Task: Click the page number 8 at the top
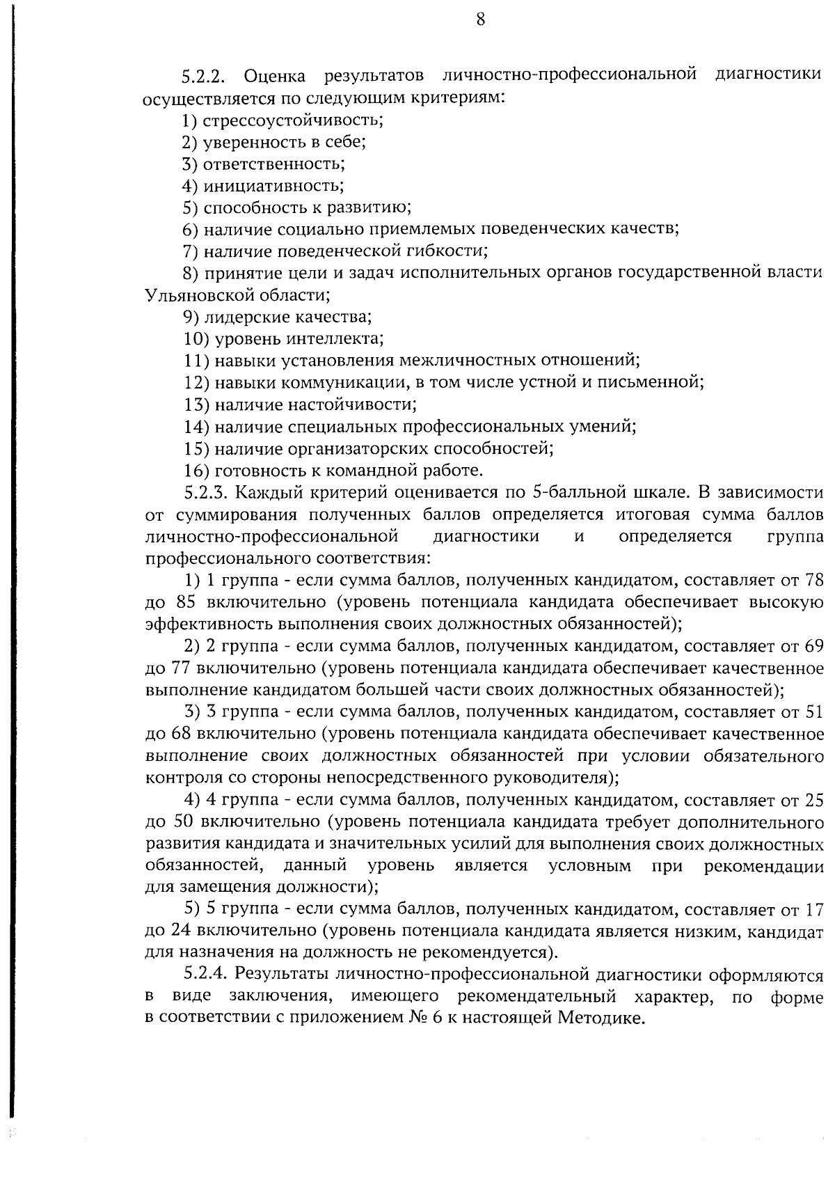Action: point(480,19)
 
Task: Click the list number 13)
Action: point(197,404)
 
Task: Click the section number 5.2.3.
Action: point(207,493)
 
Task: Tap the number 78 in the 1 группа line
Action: point(813,580)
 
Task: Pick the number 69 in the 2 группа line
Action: point(813,645)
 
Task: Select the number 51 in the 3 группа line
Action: point(813,711)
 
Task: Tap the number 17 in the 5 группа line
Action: point(813,909)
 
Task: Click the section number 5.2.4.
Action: point(207,975)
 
